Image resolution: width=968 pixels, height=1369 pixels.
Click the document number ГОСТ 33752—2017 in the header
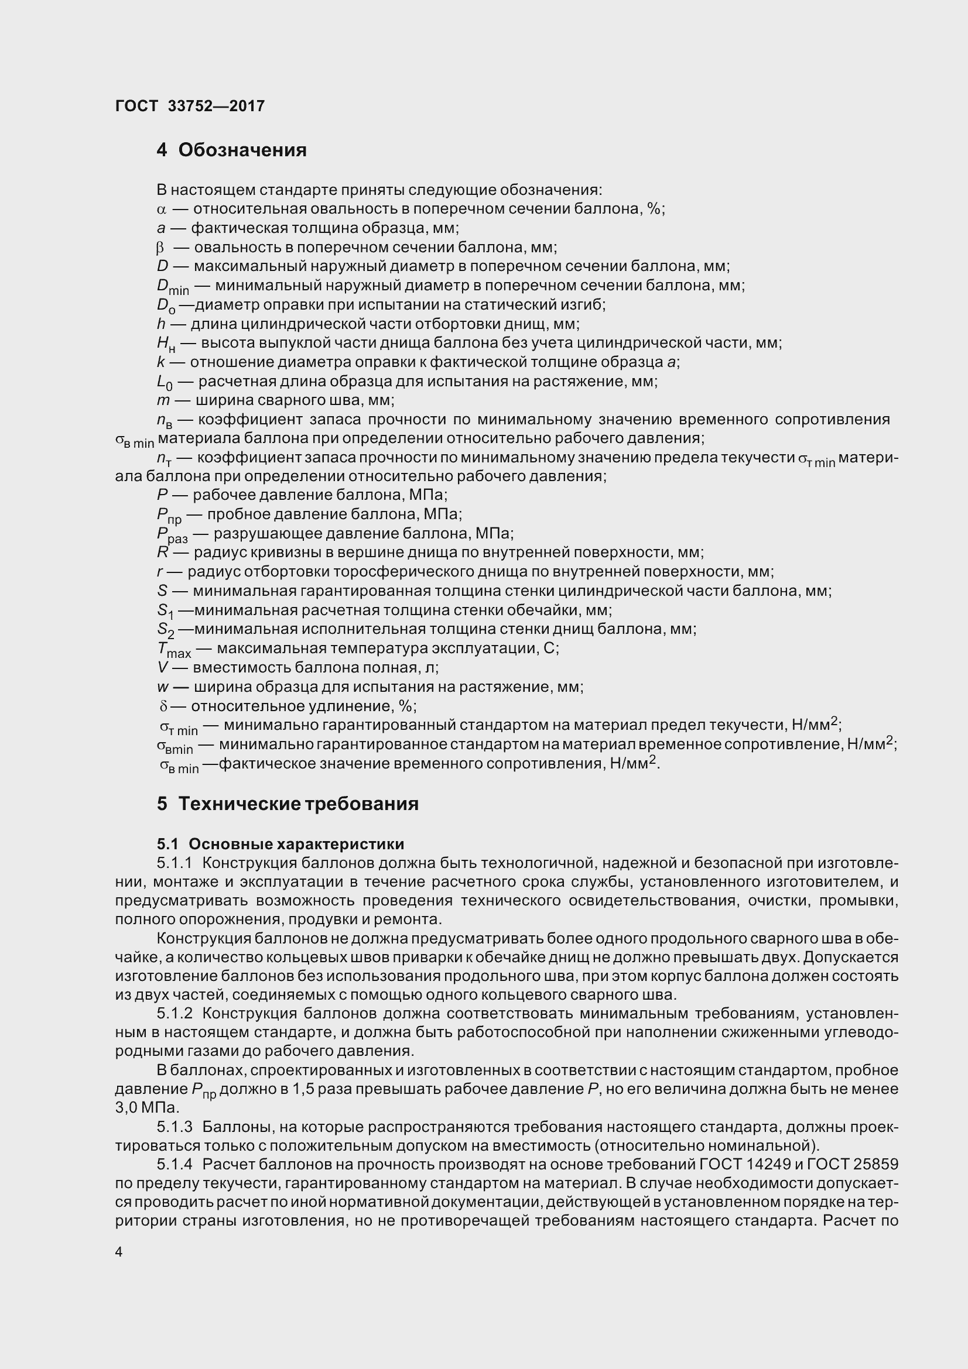(190, 106)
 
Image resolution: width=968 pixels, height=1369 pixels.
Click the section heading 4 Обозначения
(231, 150)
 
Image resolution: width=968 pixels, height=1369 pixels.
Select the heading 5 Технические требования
(288, 804)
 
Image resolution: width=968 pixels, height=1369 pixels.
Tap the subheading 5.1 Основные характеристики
(281, 844)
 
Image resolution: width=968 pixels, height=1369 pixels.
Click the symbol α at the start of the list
(160, 210)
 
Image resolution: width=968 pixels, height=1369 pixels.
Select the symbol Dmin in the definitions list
(172, 287)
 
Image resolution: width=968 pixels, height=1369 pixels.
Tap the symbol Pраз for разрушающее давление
(172, 535)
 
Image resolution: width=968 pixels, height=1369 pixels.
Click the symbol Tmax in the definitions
(173, 649)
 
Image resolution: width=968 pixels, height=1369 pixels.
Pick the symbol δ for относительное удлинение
(163, 706)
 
